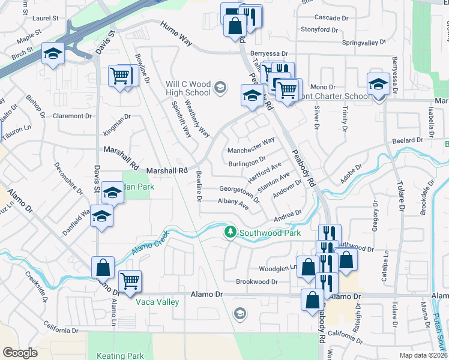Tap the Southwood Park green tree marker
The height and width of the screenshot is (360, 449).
click(x=229, y=232)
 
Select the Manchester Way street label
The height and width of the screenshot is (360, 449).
click(x=251, y=145)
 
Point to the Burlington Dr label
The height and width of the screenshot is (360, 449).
click(x=246, y=162)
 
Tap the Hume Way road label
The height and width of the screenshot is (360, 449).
click(x=176, y=34)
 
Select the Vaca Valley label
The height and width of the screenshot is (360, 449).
click(x=157, y=302)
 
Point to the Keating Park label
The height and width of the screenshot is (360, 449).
click(x=122, y=356)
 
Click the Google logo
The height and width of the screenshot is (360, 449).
click(x=20, y=353)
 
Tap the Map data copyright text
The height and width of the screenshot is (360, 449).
click(x=423, y=355)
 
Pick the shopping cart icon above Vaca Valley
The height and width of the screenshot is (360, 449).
click(x=130, y=280)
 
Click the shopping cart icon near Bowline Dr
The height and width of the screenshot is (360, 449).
click(x=120, y=76)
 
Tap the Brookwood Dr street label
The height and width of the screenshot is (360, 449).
click(x=256, y=281)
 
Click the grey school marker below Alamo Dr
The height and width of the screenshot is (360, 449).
click(x=240, y=313)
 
